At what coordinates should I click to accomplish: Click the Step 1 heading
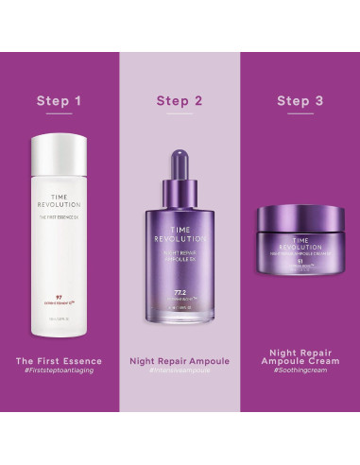60,99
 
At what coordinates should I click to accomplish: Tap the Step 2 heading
180,99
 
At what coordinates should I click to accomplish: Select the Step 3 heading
300,99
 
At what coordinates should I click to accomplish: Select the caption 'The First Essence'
60,361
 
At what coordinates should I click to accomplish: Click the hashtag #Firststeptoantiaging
60,372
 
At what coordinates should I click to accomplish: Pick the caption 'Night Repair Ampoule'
180,361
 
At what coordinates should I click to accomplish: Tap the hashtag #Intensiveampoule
180,372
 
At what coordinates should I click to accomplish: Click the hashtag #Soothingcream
300,384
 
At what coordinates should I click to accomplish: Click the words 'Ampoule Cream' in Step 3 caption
300,371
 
